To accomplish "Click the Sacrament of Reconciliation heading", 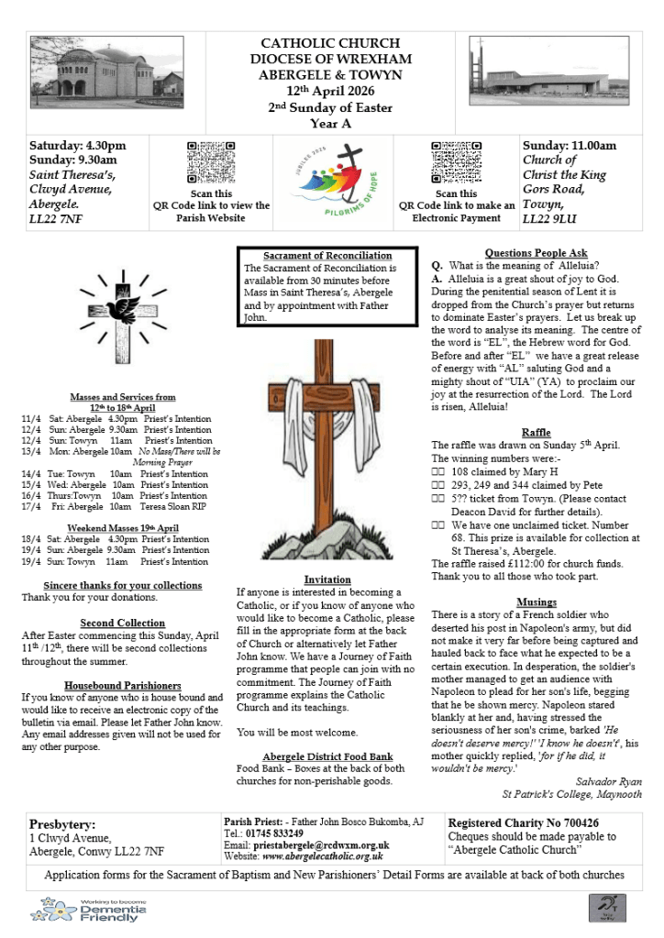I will [x=326, y=256].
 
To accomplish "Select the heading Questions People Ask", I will [x=536, y=253].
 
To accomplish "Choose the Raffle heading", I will [x=536, y=432].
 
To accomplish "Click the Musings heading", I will [x=536, y=602].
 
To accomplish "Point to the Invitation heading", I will [x=326, y=579].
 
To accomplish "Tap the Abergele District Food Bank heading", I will [x=326, y=756].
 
